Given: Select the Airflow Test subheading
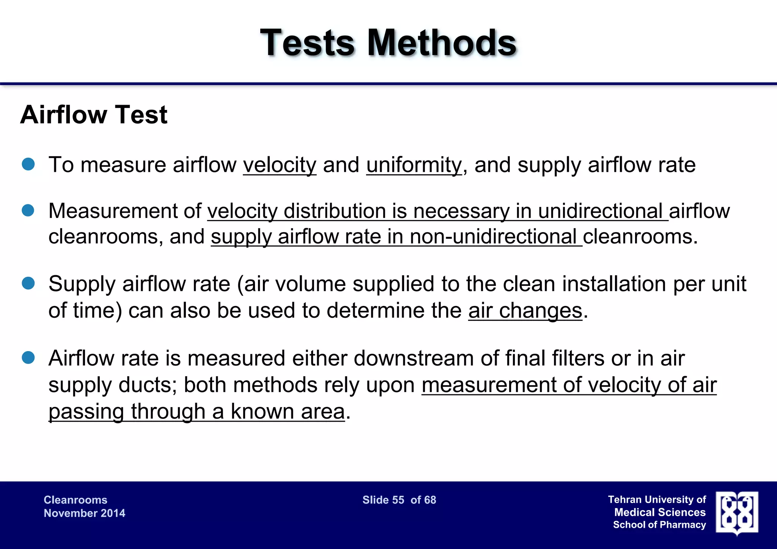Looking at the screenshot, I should tap(94, 115).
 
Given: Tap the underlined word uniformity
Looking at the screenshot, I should tap(414, 165).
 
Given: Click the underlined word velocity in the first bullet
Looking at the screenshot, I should tap(280, 165).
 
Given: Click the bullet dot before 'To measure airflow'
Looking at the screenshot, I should tap(28, 164).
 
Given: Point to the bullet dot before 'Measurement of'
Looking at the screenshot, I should tap(28, 210).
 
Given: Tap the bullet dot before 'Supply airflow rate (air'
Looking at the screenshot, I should tap(28, 283).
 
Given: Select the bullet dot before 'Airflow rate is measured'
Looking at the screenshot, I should tap(28, 358).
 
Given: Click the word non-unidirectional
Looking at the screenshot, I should tap(493, 237).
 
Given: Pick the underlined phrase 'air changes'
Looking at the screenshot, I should tap(525, 311).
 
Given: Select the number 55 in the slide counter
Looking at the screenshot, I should tap(398, 500).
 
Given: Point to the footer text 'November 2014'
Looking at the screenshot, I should tap(84, 513).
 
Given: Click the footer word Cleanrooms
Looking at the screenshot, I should tap(75, 500).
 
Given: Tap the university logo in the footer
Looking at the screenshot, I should tap(737, 513).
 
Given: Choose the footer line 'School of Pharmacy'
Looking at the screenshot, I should tap(659, 525).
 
